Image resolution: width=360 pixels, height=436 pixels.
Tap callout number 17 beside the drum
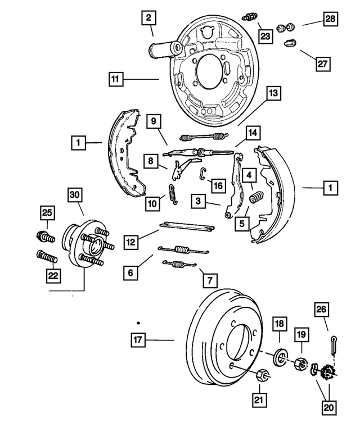pyautogui.click(x=138, y=339)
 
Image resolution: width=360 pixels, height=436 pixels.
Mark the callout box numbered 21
pyautogui.click(x=259, y=399)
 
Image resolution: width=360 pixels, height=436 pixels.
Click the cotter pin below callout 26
pyautogui.click(x=335, y=346)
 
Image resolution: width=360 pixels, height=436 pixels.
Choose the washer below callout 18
pyautogui.click(x=280, y=357)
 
